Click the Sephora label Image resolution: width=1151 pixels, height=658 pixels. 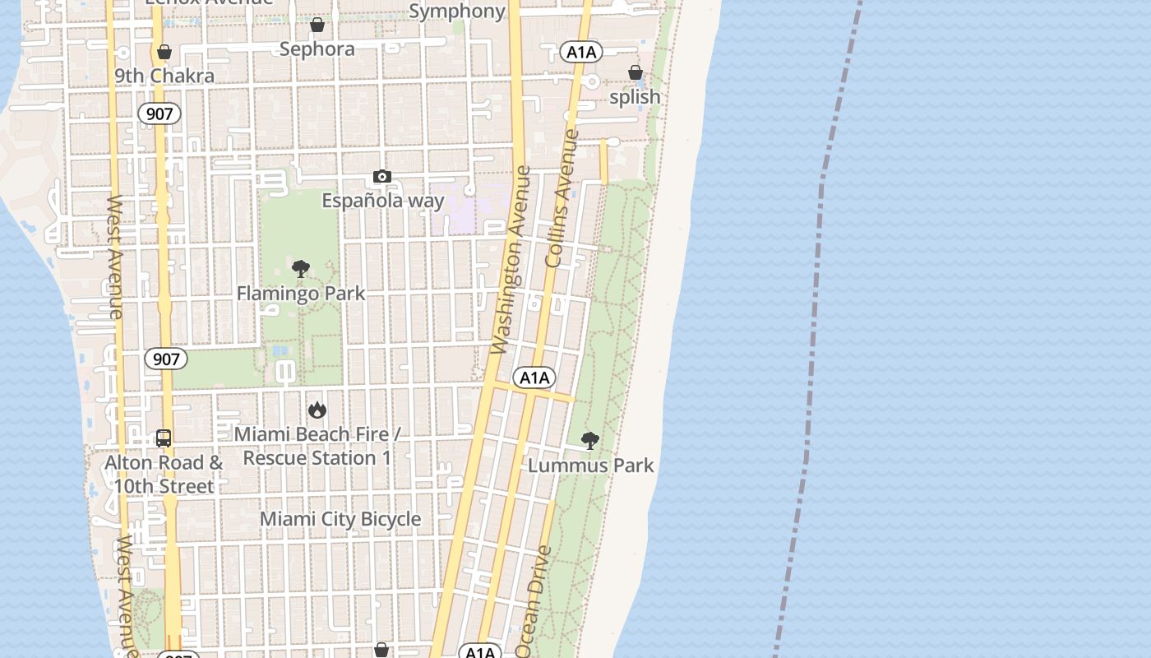pyautogui.click(x=317, y=49)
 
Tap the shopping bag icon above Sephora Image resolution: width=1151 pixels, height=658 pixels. pyautogui.click(x=317, y=25)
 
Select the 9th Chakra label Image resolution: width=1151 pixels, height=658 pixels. pyautogui.click(x=164, y=76)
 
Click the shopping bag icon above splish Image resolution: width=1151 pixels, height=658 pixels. pyautogui.click(x=636, y=73)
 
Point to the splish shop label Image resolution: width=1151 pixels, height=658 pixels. pyautogui.click(x=635, y=97)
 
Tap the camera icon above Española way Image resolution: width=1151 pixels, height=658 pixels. pyautogui.click(x=382, y=176)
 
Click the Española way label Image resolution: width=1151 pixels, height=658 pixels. pyautogui.click(x=383, y=201)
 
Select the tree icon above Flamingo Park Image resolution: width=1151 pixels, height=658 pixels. pyautogui.click(x=301, y=269)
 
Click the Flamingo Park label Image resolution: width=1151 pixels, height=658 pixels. pyautogui.click(x=301, y=294)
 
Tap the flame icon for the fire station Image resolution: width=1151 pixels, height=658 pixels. pyautogui.click(x=317, y=410)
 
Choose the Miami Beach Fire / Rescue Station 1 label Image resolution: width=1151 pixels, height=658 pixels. pyautogui.click(x=317, y=446)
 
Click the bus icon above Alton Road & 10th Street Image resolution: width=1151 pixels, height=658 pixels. pyautogui.click(x=164, y=438)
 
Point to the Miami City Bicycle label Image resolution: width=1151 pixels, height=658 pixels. pyautogui.click(x=340, y=519)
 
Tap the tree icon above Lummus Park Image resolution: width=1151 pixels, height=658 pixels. pyautogui.click(x=589, y=441)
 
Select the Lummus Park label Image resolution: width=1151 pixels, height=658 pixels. pyautogui.click(x=591, y=466)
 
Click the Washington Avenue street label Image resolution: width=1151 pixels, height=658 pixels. pyautogui.click(x=511, y=261)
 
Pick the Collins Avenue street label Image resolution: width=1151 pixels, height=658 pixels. pyautogui.click(x=562, y=197)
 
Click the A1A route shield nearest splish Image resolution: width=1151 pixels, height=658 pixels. pyautogui.click(x=581, y=53)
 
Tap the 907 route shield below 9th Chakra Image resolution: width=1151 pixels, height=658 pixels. pyautogui.click(x=159, y=114)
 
